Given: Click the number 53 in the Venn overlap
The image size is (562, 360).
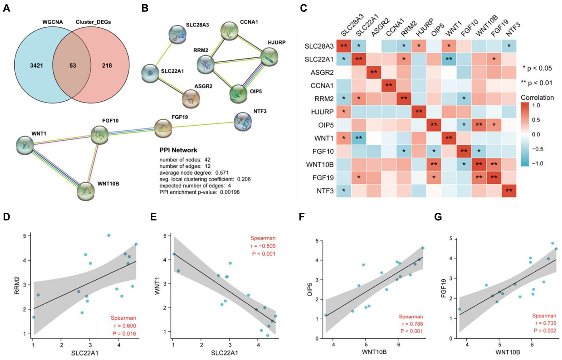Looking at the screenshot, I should click(72, 66).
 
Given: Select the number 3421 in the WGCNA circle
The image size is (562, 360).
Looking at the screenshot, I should click(37, 66).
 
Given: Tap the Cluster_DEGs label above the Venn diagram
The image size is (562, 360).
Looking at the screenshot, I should click(93, 22).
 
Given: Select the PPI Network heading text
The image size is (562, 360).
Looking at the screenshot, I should click(178, 150).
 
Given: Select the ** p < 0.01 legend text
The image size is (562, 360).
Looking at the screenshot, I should click(536, 83).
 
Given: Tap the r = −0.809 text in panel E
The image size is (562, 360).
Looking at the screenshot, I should click(263, 246).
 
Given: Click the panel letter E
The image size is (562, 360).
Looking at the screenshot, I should click(154, 217).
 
